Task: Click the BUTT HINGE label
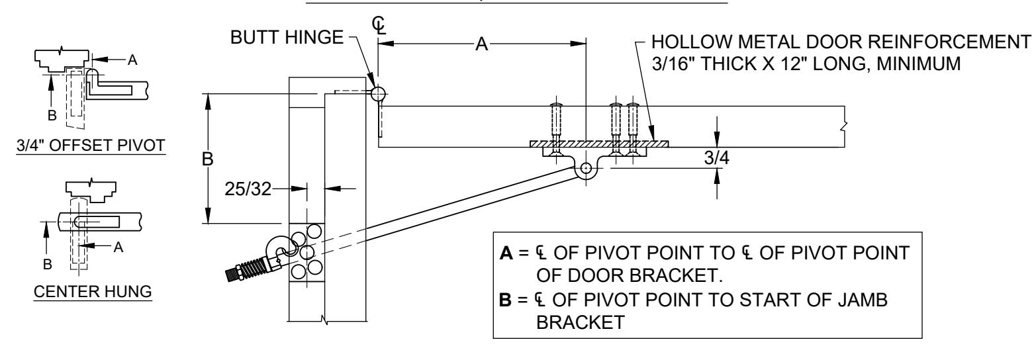pos(287,38)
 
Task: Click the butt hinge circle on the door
pos(378,94)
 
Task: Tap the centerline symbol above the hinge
pos(379,26)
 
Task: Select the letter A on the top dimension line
pos(481,44)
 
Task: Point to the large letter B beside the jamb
pos(208,159)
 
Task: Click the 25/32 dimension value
pos(248,189)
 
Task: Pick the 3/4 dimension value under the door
pos(716,158)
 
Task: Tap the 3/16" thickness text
pos(670,64)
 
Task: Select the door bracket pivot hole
pos(586,168)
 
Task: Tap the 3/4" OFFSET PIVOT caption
pos(91,146)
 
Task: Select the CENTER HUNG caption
pos(93,292)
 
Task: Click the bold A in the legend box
pos(506,253)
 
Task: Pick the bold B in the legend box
pos(506,300)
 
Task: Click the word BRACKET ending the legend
pos(581,322)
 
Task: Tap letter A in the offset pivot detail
pos(132,60)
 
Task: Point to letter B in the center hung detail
pos(47,265)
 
